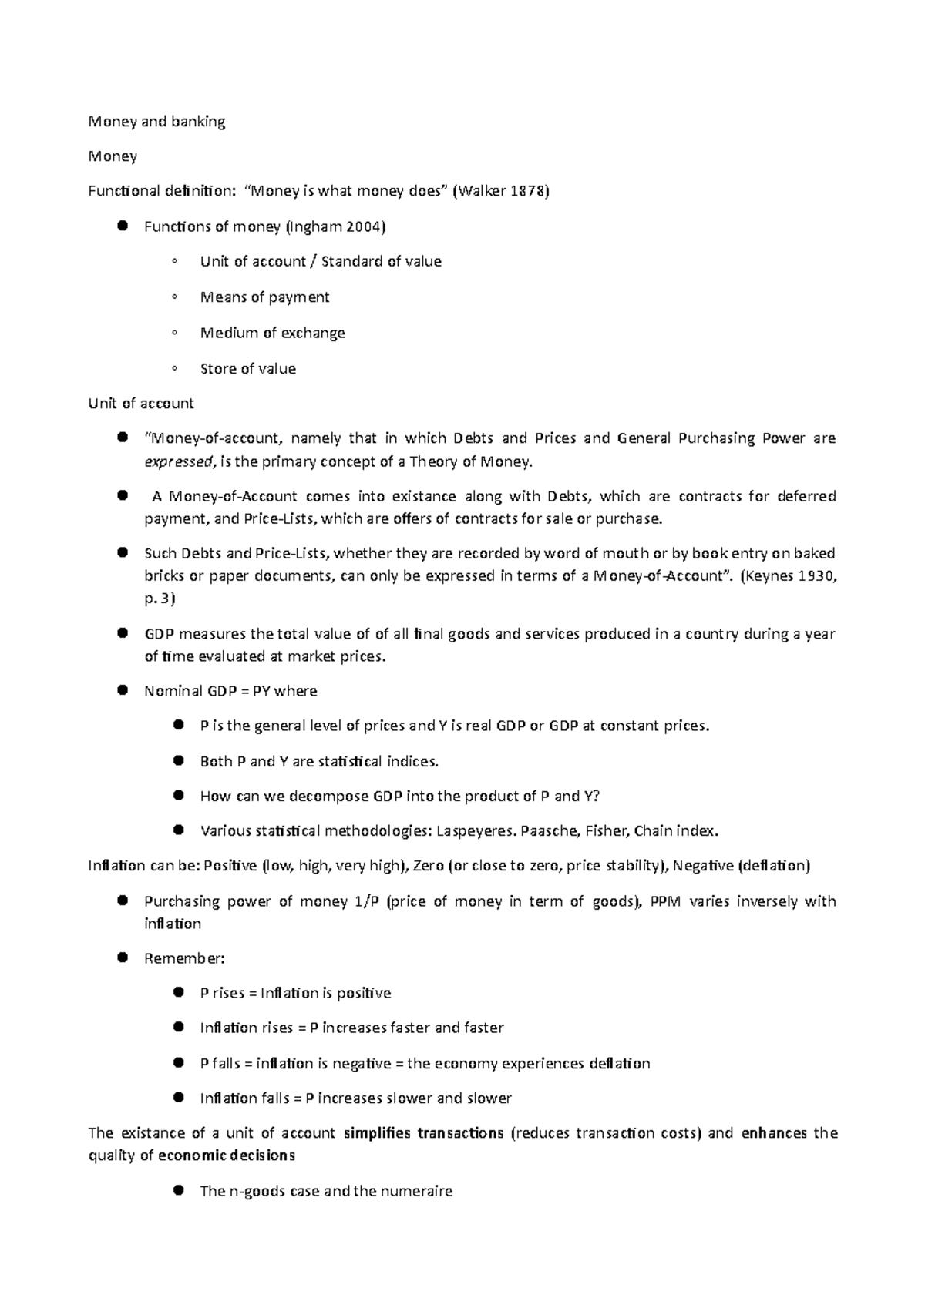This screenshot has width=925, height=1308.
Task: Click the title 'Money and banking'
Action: click(157, 122)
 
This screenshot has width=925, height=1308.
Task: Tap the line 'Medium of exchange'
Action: click(272, 333)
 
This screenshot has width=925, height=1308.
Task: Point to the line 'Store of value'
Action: click(247, 368)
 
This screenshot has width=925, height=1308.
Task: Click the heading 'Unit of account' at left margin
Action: click(141, 403)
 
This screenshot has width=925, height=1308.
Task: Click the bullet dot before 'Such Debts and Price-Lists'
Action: click(122, 552)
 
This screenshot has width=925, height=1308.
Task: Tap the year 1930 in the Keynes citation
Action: click(809, 575)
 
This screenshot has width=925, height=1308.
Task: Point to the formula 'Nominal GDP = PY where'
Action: click(230, 691)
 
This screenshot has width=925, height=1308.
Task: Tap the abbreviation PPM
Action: click(666, 901)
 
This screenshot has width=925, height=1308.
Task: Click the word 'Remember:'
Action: click(184, 958)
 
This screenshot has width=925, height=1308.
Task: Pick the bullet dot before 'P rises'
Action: click(178, 992)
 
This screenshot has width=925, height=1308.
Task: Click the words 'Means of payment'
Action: click(264, 297)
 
